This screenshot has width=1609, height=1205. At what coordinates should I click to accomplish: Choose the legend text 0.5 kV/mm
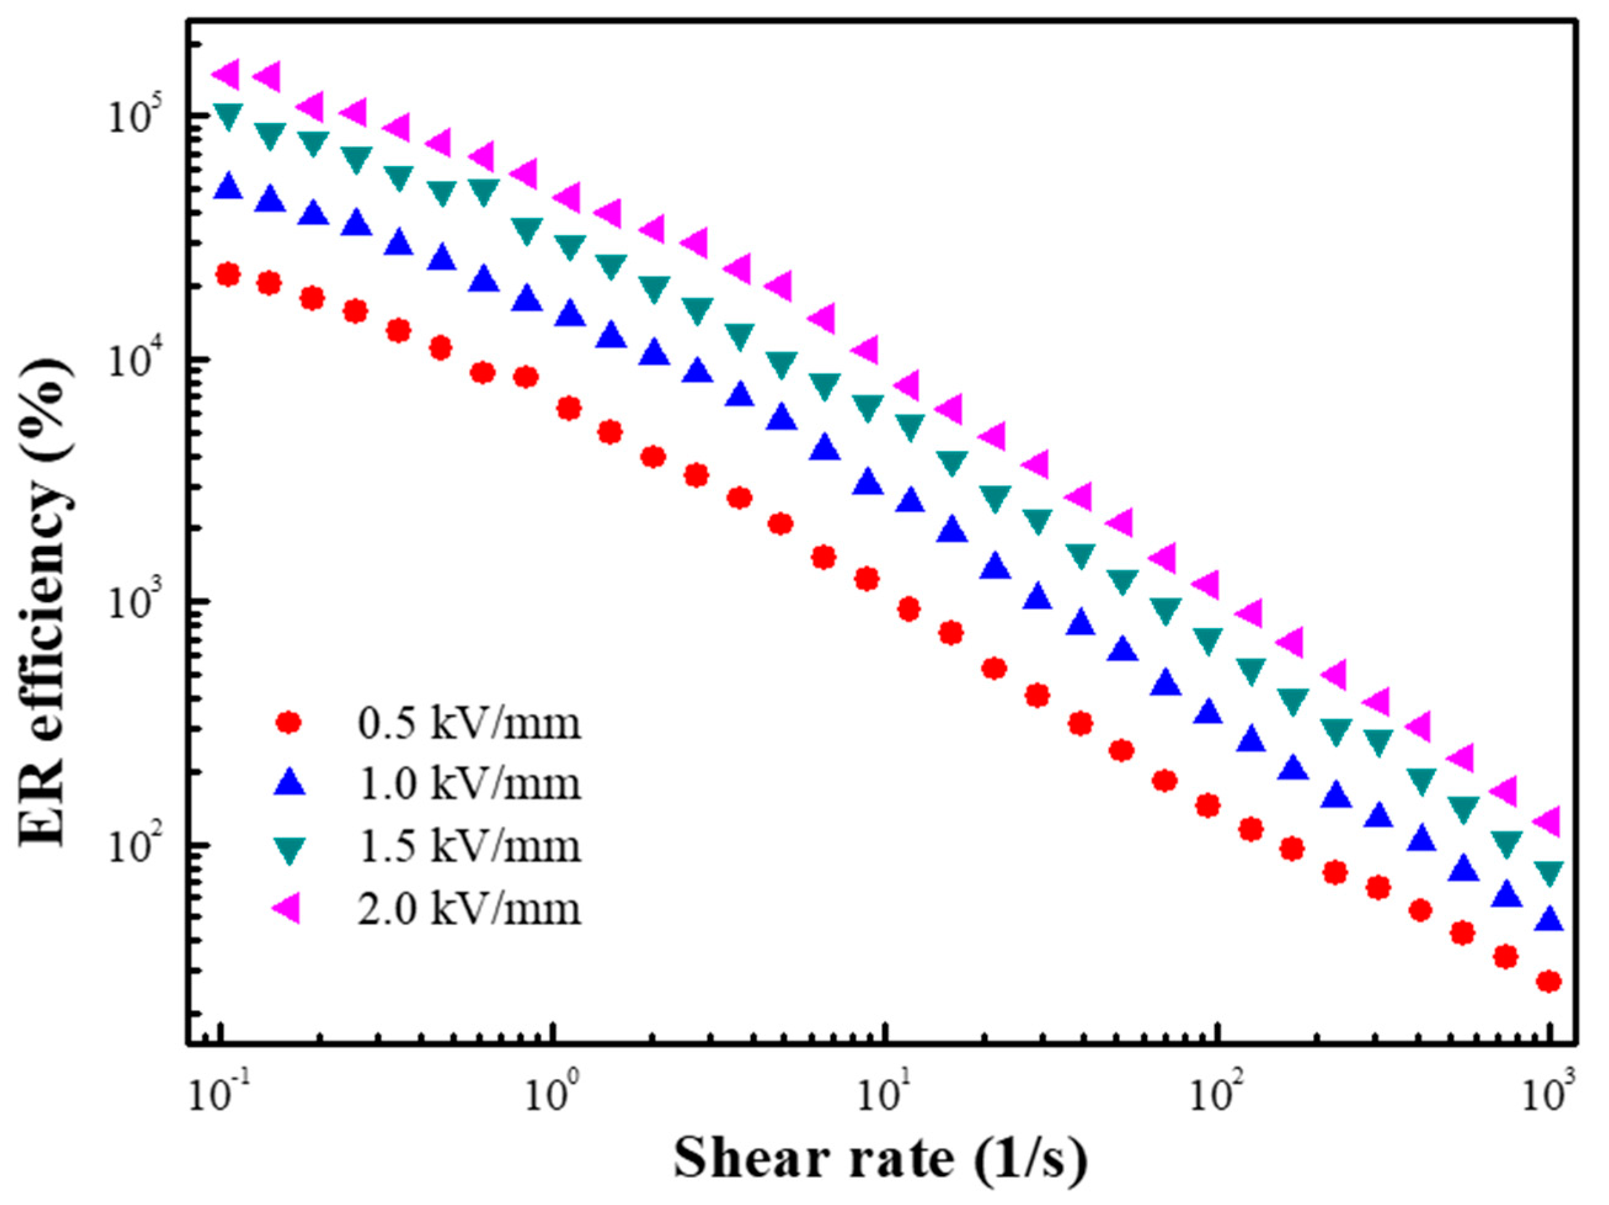tap(469, 724)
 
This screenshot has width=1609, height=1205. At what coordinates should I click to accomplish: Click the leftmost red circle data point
tap(228, 275)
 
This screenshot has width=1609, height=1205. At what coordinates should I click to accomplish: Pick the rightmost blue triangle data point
tap(1551, 919)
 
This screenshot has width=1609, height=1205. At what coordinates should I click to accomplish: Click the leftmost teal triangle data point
tap(228, 116)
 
